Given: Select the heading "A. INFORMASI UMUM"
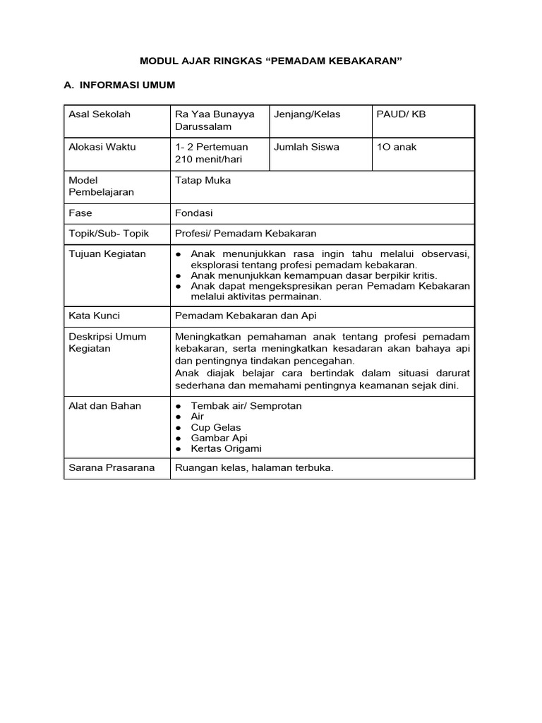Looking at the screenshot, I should tap(119, 85).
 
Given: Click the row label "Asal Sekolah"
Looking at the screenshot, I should tap(99, 114).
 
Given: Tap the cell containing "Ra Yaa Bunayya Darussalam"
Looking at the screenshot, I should tap(214, 120).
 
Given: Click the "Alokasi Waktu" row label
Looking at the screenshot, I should tap(102, 148).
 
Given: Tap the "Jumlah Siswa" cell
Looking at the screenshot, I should tap(307, 148).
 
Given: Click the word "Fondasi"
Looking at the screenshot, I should tap(193, 213).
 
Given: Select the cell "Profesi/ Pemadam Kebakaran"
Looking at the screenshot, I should tap(246, 234).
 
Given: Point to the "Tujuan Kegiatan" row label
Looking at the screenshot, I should tap(107, 254).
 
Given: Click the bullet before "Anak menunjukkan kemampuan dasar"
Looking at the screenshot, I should tap(179, 275).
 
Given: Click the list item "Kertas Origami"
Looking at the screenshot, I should tap(226, 448).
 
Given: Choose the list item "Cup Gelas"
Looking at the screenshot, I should tap(216, 427).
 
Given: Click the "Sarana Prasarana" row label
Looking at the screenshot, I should tap(112, 468).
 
